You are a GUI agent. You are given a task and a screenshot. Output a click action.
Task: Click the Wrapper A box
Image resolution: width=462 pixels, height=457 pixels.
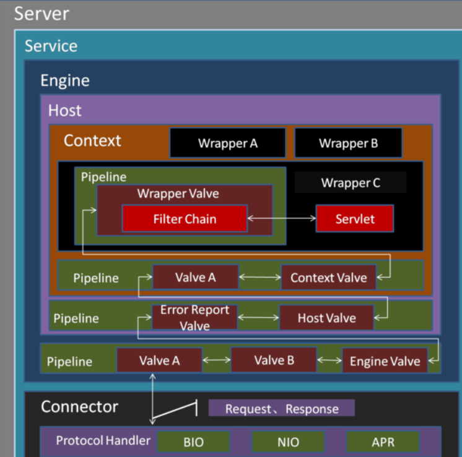coord(228,143)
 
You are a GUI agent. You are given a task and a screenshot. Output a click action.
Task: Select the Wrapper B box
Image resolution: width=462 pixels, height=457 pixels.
coord(348,143)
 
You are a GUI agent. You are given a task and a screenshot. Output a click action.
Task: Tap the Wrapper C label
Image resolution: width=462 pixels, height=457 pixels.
coord(351,183)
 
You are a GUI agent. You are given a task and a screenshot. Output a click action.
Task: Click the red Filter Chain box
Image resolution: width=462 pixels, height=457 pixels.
coord(185,219)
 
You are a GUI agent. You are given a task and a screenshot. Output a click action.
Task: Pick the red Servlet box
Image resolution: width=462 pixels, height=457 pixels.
coord(355,219)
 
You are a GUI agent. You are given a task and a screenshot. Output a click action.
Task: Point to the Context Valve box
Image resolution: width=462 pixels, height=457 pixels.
coord(329,277)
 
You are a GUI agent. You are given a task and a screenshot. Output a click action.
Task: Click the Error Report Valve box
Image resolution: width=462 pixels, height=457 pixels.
coord(194,317)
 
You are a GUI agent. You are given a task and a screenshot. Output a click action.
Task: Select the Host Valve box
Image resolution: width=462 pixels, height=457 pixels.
coord(326,318)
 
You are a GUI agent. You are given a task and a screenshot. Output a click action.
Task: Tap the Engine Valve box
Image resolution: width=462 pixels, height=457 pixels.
coord(385,361)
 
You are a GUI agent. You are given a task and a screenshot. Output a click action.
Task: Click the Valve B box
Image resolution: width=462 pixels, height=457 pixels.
coord(274,360)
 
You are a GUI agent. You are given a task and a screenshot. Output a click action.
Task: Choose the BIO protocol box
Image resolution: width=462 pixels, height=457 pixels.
coord(193,442)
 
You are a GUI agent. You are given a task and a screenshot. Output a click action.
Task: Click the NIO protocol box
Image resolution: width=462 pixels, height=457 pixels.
coord(288,442)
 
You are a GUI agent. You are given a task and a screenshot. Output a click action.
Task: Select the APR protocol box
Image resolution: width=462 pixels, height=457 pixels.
coord(383,442)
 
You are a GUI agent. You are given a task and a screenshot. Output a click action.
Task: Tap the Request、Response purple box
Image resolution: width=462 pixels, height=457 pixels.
coord(282,408)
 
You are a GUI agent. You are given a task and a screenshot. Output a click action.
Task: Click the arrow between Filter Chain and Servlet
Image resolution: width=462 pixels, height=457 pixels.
coord(282,218)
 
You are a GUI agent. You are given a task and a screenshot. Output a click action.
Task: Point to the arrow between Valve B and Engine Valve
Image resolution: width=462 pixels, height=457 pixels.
coord(329,360)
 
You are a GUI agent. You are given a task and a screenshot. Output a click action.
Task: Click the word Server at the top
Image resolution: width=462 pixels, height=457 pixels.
coord(41,14)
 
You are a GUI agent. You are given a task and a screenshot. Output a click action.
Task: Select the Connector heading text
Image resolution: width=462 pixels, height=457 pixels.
coord(79,406)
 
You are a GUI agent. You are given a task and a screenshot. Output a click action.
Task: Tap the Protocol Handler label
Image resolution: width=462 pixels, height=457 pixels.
coord(103,440)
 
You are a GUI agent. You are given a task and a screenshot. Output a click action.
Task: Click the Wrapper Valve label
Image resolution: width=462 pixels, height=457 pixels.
coord(178,194)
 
